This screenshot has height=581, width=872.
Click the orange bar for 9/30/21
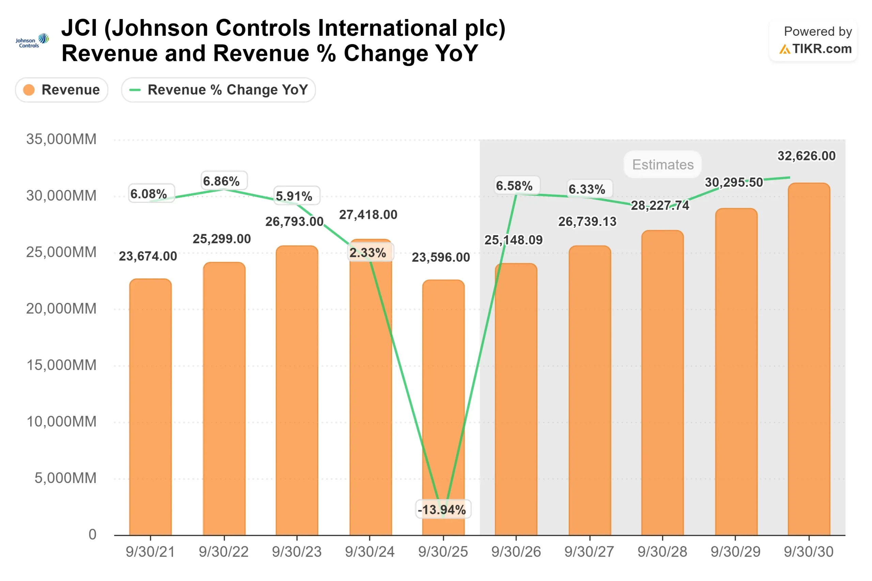click(x=150, y=408)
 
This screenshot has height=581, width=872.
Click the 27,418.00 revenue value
click(x=368, y=214)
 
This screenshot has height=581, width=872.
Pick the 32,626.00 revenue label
click(x=806, y=156)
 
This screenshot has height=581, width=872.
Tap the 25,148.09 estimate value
click(x=513, y=240)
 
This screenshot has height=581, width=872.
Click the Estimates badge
click(x=663, y=164)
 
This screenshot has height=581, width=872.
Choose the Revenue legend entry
click(x=62, y=90)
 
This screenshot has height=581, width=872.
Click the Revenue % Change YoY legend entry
click(x=218, y=90)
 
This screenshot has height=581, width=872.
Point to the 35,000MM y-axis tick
click(x=61, y=139)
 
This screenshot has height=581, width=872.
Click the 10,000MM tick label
click(x=61, y=422)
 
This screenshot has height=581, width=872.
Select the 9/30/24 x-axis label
click(x=370, y=552)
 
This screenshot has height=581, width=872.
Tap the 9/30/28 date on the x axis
click(x=662, y=552)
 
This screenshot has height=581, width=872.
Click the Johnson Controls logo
click(x=32, y=41)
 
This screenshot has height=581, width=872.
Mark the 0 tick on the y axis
click(x=92, y=534)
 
